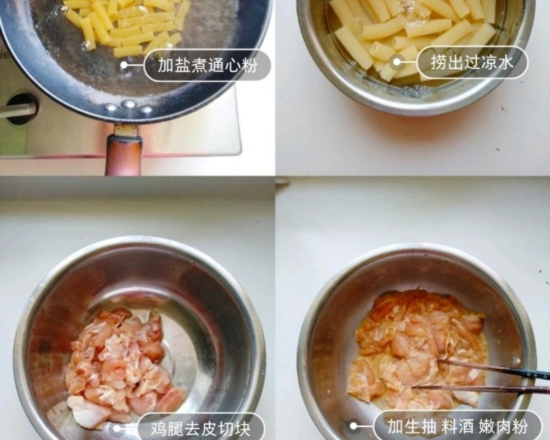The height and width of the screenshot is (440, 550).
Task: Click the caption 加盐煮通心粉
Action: coord(207,65)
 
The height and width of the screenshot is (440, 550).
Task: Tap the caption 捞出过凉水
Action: coord(472,62)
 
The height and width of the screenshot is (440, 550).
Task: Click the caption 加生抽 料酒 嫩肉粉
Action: coord(457,426)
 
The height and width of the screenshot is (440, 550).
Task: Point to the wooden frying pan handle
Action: coord(123,155)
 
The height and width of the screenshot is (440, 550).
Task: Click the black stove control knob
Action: coord(21,108)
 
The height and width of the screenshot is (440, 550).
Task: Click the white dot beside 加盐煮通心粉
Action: coord(124,65)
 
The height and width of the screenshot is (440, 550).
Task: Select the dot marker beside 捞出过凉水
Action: coord(397,62)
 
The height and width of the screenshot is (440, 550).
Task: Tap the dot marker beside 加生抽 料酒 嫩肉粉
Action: coord(353,426)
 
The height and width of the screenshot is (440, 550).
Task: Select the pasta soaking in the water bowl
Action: coord(407,36)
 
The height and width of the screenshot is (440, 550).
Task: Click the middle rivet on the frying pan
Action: coord(128,104)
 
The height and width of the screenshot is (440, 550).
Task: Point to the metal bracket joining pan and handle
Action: coord(125,130)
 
